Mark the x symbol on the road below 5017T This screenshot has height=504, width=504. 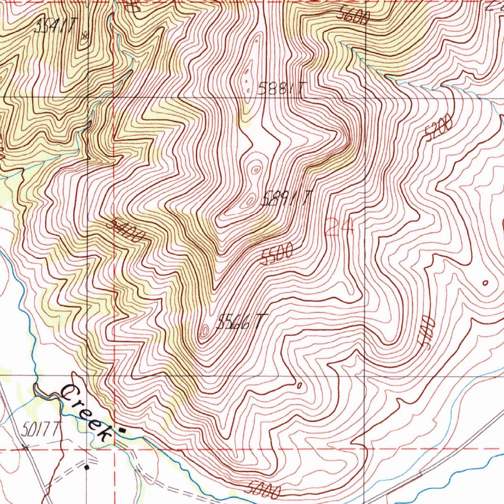pyautogui.click(x=25, y=447)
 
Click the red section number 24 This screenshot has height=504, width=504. pyautogui.click(x=339, y=228)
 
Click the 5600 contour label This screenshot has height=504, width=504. pyautogui.click(x=353, y=16)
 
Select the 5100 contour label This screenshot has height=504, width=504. pyautogui.click(x=426, y=333)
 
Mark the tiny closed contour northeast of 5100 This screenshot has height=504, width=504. pyautogui.click(x=486, y=283)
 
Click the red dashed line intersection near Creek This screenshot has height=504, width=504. pyautogui.click(x=114, y=449)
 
